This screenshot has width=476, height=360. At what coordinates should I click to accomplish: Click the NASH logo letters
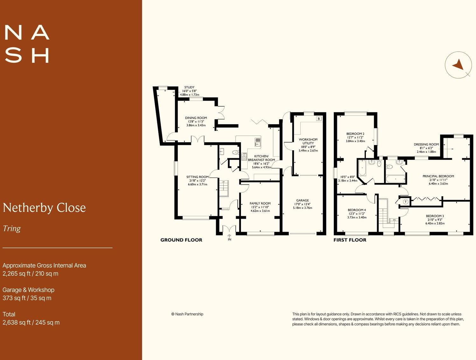pos(27,44)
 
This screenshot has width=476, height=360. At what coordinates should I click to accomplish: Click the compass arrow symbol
pos(458,65)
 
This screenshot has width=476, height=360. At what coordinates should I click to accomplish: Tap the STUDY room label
pos(189,87)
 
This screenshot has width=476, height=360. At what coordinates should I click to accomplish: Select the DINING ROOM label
pos(196,118)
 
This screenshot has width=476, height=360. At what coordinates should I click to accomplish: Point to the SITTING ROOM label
pos(197,177)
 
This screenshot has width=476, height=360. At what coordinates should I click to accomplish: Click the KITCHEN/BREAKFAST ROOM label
pos(261,158)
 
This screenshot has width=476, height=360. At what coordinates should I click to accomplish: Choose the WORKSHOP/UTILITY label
pos(308,141)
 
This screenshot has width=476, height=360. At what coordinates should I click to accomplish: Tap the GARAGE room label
pos(302,201)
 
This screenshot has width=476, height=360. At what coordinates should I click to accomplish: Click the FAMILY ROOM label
pos(260,203)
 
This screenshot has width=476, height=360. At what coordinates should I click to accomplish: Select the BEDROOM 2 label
pos(355,134)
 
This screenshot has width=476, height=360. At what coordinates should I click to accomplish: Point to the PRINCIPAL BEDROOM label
pos(438,176)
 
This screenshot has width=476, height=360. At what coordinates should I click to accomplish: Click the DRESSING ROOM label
pos(426,145)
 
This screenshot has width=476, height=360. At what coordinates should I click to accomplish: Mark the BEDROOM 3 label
pos(435,216)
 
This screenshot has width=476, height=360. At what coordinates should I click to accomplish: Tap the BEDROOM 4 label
pos(357,210)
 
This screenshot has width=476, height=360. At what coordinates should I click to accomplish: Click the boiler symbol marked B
pos(319,119)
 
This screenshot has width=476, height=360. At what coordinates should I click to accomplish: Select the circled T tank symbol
pos(405,202)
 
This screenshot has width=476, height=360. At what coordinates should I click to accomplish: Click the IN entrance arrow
pos(229,237)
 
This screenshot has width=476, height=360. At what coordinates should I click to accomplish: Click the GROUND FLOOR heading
pos(181,240)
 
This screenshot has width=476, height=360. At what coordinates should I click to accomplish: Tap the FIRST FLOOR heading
pos(350,240)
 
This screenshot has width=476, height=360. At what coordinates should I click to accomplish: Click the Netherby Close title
pos(44,208)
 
